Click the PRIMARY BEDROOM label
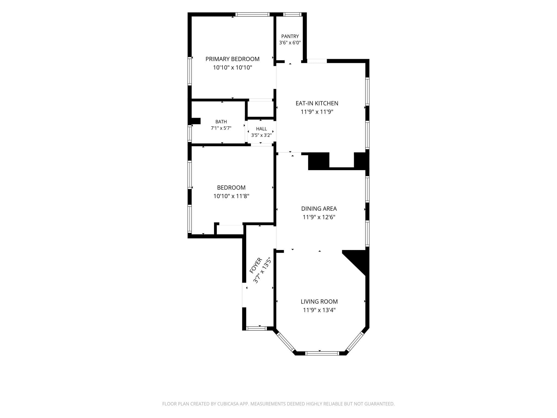[232, 59]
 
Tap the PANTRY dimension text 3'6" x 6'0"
[290, 42]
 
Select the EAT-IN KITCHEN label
[317, 103]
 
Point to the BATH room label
[221, 122]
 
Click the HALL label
[261, 129]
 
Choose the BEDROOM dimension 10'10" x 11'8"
[231, 196]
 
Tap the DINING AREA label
[319, 209]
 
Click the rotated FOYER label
[256, 266]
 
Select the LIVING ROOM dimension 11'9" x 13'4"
[319, 310]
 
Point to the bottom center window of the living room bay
[322, 353]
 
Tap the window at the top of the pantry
[292, 14]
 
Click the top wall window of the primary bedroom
[252, 14]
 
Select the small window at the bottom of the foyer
[256, 328]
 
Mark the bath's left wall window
[190, 133]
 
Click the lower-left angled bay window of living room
[286, 342]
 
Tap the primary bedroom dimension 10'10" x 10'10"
[232, 67]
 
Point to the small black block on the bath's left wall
[196, 121]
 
